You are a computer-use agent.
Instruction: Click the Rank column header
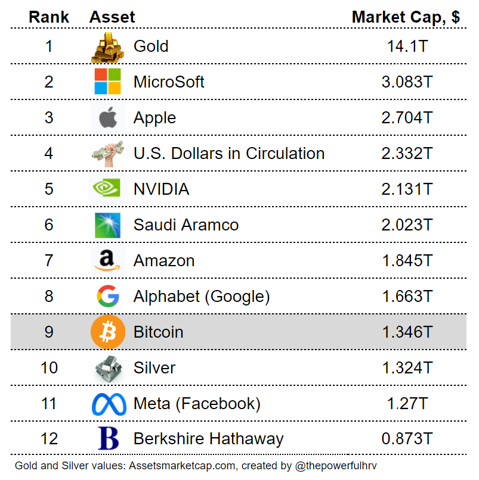pos(49,17)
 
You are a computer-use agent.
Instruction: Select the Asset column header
pos(112,17)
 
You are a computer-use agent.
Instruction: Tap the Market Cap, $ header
pos(406,17)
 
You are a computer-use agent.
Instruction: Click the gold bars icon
pos(107,46)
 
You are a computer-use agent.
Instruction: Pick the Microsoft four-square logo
pos(107,82)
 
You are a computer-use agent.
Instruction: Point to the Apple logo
pos(107,118)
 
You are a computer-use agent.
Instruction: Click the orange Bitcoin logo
pos(107,332)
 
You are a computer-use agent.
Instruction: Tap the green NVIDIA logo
pos(107,189)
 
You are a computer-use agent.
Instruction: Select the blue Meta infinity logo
pos(109,404)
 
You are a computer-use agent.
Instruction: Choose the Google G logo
pos(107,296)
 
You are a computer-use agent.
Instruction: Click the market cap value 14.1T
pos(407,46)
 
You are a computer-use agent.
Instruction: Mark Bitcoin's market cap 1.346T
pos(407,332)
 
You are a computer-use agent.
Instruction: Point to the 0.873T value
pos(407,439)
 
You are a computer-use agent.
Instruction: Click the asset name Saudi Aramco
pos(186,225)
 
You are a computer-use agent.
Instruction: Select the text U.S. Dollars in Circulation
pos(229,154)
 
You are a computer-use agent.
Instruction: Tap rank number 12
pos(49,439)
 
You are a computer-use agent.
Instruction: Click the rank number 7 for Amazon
pos(49,260)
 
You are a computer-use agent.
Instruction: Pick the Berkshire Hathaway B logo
pos(107,439)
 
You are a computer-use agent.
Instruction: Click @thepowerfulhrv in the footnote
pos(336,466)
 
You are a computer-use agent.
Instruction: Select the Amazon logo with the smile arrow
pos(107,260)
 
